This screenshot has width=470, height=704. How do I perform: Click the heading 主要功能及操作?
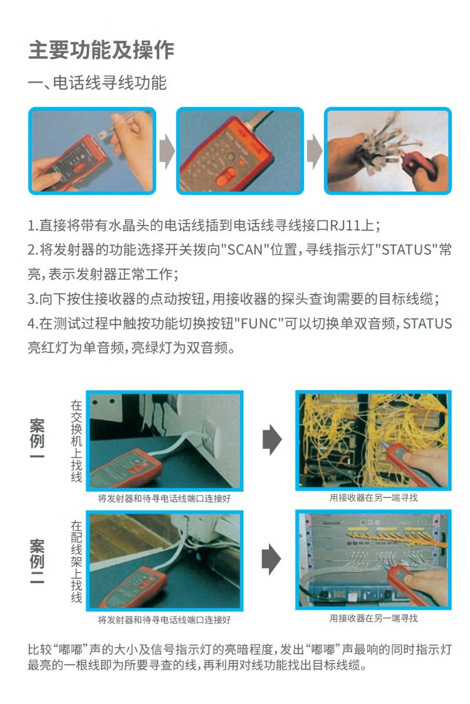(101, 49)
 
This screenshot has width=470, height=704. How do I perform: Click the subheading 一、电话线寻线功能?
(98, 83)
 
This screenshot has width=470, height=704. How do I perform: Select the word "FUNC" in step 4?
(259, 323)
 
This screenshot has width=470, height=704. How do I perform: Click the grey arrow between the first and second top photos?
(167, 150)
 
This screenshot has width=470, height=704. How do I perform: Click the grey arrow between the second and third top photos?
(315, 150)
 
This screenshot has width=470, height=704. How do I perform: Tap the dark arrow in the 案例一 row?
(273, 440)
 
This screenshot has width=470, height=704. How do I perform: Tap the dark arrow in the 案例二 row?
(271, 559)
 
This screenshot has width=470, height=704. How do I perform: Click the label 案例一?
(37, 440)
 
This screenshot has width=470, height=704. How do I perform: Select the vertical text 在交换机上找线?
(76, 442)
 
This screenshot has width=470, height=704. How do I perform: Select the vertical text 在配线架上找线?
(76, 562)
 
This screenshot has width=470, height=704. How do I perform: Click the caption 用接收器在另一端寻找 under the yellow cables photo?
(373, 497)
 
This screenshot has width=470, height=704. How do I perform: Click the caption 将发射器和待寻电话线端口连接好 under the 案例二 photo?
(164, 620)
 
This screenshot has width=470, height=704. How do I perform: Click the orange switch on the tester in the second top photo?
(226, 177)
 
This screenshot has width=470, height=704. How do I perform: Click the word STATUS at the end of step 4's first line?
(427, 323)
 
